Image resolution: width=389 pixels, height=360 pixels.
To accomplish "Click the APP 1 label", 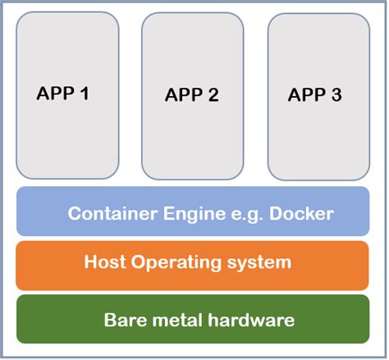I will (62, 93).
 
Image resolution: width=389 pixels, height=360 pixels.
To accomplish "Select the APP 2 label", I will (191, 94).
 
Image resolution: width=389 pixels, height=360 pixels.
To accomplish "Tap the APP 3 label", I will (314, 94).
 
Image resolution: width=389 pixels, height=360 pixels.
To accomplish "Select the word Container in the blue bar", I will (108, 214).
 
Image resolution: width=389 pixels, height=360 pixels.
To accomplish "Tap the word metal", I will (173, 319).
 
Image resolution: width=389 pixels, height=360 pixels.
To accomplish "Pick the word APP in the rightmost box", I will (305, 94).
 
